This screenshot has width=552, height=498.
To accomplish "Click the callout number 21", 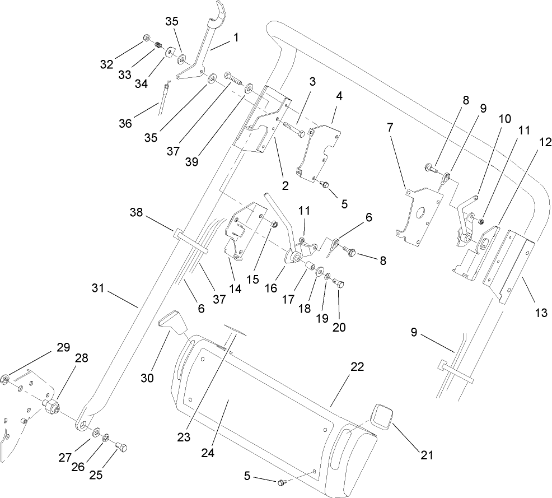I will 427,455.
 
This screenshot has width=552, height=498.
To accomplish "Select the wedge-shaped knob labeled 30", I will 171,323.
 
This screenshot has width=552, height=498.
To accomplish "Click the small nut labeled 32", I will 146,38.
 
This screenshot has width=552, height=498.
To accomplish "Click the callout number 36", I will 125,123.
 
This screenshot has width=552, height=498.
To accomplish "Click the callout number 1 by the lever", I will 236,38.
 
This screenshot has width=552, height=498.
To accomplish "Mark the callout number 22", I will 357,367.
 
